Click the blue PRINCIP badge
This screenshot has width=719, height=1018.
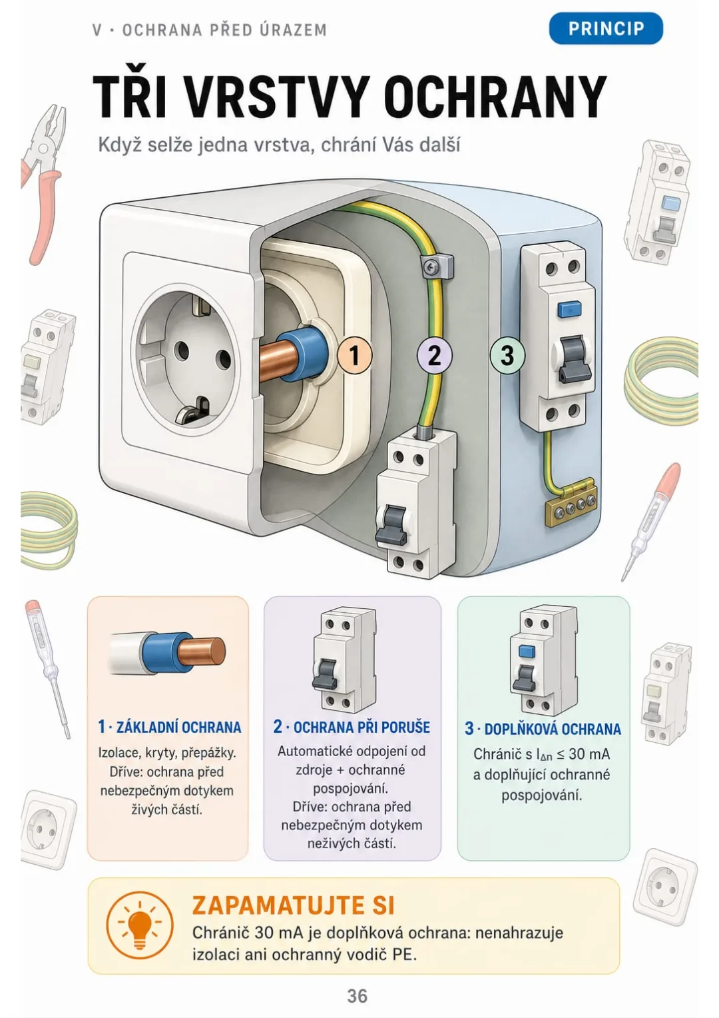coord(605,28)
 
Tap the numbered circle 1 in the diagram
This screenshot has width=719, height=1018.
coord(355,355)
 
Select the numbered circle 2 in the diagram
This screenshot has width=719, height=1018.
coord(435,355)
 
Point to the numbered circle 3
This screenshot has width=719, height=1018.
coord(507,355)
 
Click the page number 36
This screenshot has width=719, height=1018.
coord(357,996)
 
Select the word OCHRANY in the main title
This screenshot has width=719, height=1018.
coord(495,97)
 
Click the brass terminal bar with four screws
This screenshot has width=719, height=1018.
coord(571,503)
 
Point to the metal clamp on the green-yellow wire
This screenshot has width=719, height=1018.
coord(437,266)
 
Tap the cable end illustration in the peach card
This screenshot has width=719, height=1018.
coord(167,653)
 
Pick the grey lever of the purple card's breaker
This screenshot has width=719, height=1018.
coord(324,674)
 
